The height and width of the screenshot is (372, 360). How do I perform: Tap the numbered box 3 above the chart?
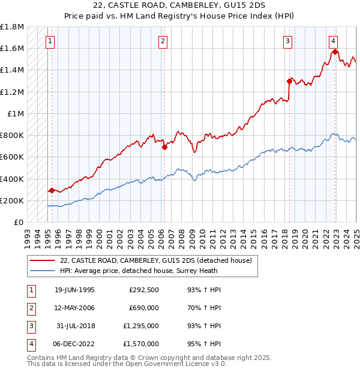point(288,41)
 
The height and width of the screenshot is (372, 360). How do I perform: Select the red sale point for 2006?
point(164,147)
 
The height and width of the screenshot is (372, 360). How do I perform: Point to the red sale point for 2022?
point(335,52)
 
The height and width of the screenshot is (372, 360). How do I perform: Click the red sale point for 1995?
point(52,190)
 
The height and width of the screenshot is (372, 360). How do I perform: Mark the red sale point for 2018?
point(289,82)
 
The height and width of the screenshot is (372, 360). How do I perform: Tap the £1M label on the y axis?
point(16,113)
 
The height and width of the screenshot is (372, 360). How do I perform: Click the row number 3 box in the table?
point(29,326)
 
